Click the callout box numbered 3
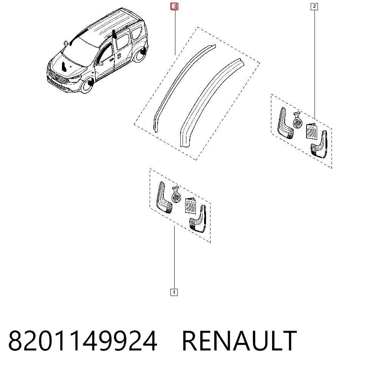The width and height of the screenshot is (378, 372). click(x=174, y=6)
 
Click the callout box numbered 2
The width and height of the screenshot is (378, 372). click(x=314, y=6)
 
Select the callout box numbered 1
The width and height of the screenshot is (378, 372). click(x=174, y=293)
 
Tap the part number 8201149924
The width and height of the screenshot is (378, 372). click(x=83, y=341)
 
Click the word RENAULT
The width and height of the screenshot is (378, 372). click(x=239, y=341)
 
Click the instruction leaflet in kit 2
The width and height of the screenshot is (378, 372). click(x=312, y=131)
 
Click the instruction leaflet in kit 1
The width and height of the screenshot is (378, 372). click(x=191, y=205)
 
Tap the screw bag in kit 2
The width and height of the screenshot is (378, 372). click(x=297, y=120)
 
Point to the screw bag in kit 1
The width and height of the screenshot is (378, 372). click(x=176, y=194)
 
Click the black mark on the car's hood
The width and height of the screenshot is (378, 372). click(x=64, y=67)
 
